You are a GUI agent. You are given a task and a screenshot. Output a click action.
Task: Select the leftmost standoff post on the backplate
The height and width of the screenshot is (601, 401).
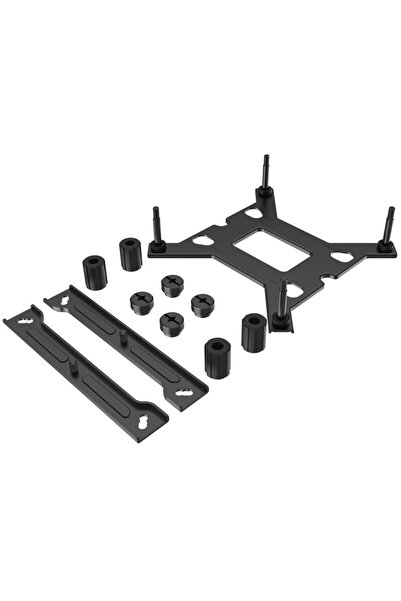click(157, 226)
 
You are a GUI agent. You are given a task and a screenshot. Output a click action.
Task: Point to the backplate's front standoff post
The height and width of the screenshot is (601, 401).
click(283, 301)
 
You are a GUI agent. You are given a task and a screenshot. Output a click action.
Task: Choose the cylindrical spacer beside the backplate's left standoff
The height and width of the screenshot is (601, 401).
click(130, 254)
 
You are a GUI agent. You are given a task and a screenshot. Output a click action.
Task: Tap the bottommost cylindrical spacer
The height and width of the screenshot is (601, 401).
click(217, 358)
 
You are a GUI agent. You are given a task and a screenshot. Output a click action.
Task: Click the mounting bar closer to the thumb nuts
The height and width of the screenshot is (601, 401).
click(125, 346)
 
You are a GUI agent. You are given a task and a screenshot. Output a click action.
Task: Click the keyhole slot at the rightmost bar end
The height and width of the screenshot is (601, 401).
click(192, 394)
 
